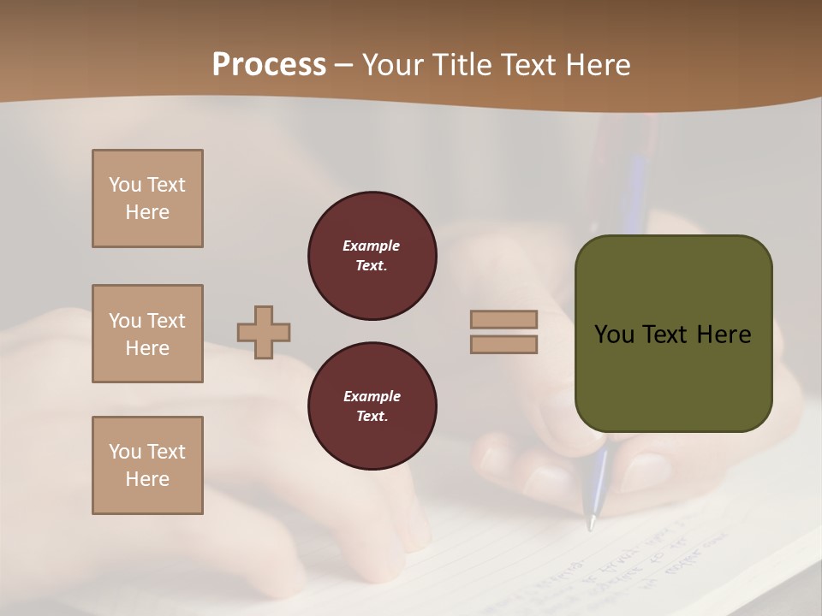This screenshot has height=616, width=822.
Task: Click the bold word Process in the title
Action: coord(269,65)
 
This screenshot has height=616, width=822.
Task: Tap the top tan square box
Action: coord(147,198)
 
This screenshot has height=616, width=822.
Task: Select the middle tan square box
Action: coord(147,334)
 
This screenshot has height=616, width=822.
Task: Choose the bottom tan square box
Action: coord(147,465)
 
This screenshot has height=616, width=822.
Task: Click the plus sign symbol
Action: coord(264,332)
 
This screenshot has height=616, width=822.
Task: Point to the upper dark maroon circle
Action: coord(372,256)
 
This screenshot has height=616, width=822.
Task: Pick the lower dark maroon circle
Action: coord(372,406)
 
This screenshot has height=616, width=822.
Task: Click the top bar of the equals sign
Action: coord(503,319)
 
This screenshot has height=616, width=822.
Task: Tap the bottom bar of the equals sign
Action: coord(503,344)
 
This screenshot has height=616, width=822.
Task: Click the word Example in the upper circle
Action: coord(372,246)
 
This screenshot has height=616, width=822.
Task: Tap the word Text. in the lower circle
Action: coord(372,417)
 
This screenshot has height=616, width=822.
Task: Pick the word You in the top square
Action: coord(125,185)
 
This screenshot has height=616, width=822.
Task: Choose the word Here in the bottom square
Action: coord(147,479)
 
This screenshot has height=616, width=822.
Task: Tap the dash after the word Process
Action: coord(344,66)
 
